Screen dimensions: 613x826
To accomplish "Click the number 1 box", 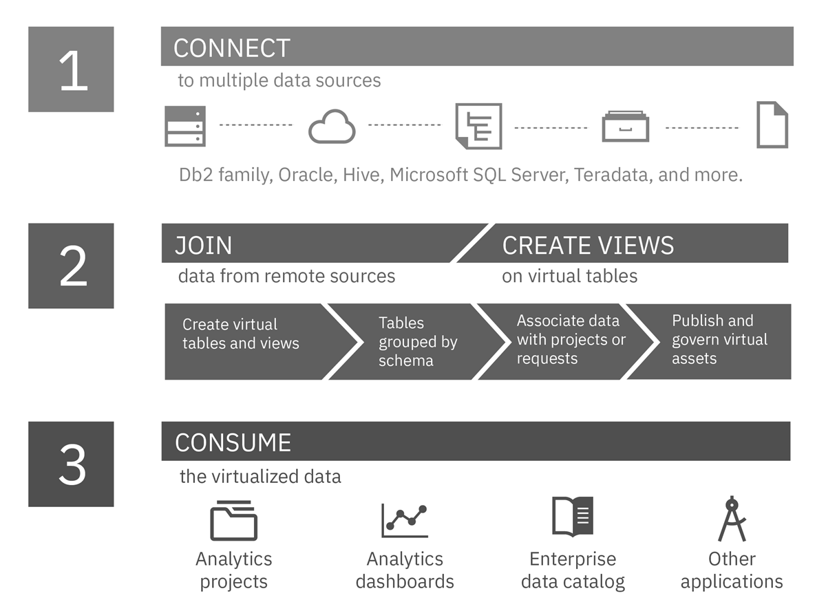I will (x=71, y=69).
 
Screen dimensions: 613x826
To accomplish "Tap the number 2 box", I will (x=71, y=266).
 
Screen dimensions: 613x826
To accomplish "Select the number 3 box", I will (x=71, y=464).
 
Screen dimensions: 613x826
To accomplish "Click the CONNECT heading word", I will (x=232, y=48).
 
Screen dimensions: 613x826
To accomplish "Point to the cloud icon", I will (x=332, y=128).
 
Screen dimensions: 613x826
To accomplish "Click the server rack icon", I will (x=185, y=126).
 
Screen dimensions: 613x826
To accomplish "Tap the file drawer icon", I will (x=625, y=127).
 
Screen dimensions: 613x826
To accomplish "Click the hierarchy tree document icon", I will (x=478, y=126).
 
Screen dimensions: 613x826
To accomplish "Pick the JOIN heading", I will (x=204, y=246).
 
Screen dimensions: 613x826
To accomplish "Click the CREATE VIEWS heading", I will (x=588, y=246).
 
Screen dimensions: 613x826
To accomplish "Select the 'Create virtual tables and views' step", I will (x=241, y=334).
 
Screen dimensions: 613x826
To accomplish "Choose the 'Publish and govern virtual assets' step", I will (x=719, y=339).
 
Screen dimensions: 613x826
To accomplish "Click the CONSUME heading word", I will (x=233, y=442).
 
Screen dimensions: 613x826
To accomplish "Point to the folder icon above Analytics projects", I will (x=233, y=521).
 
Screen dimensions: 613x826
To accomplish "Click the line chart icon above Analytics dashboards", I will (x=405, y=521).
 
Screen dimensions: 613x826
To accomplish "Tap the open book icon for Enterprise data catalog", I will (x=572, y=517).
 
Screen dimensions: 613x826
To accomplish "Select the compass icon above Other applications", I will (x=731, y=519).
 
